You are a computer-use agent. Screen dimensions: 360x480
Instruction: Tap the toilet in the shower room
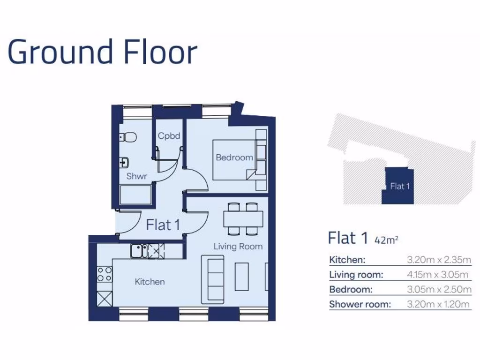tap(128, 137)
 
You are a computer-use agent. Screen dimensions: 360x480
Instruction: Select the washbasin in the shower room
tap(124, 162)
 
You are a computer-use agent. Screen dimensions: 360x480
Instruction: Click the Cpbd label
tap(169, 136)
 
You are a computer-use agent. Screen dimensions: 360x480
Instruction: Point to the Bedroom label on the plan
tap(234, 157)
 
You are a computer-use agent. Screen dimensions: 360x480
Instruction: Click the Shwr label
tap(137, 177)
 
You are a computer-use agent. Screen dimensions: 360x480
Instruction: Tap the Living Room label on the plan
tap(238, 246)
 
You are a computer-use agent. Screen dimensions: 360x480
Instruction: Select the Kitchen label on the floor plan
tap(150, 282)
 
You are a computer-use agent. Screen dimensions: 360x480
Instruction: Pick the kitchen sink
tap(139, 251)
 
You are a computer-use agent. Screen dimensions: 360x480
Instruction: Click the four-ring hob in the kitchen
tap(105, 274)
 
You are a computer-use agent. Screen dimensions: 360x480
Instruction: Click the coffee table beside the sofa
tap(242, 277)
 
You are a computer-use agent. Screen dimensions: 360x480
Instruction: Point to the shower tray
tap(135, 195)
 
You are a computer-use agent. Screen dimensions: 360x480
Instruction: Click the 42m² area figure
tap(387, 240)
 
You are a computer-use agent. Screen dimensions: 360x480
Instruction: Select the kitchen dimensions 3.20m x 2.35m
tap(439, 260)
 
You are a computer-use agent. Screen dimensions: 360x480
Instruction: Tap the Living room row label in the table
tap(356, 275)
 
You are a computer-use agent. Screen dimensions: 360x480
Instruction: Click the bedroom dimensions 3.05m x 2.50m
tap(439, 289)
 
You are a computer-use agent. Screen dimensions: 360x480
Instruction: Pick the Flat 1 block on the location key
tap(398, 186)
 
